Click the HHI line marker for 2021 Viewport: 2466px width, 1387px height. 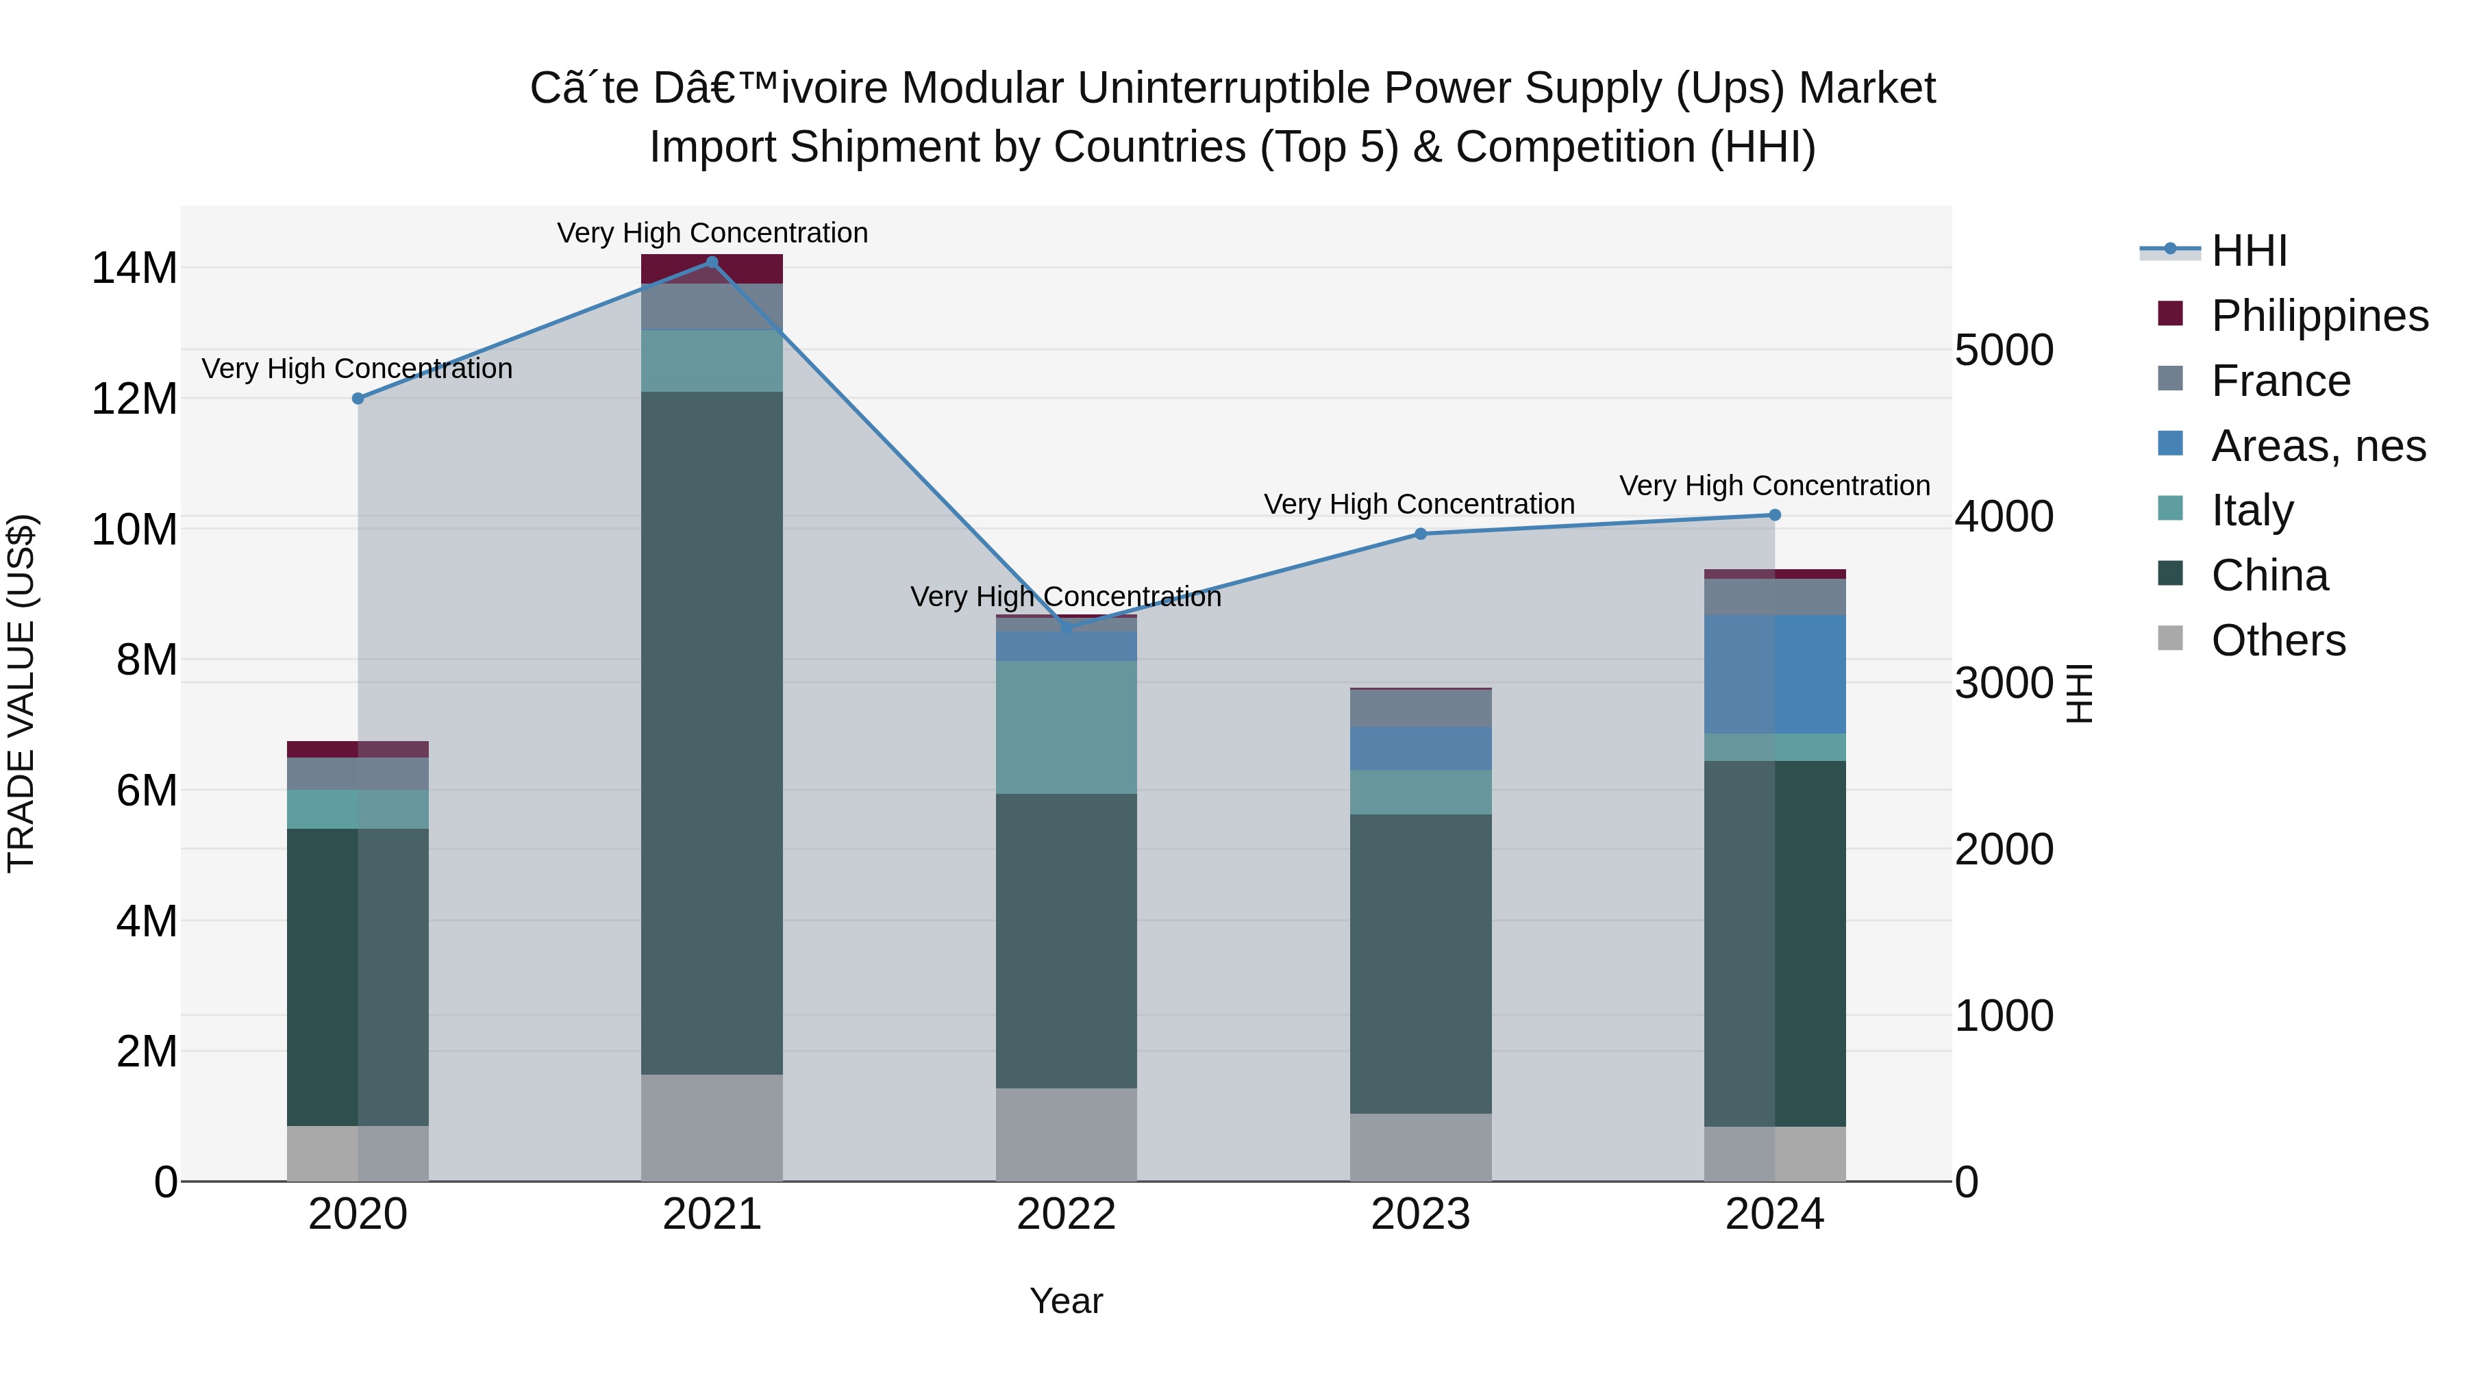tap(711, 262)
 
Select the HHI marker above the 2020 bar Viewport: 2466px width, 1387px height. tap(358, 398)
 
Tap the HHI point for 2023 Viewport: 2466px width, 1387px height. tap(1421, 533)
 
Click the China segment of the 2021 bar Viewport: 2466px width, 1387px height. tap(711, 732)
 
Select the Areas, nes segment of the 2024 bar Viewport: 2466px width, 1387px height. tap(1774, 674)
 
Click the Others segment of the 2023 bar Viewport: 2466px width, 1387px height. tap(1421, 1146)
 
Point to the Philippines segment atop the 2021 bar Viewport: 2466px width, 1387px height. tap(711, 269)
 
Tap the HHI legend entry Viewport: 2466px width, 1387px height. tap(2249, 251)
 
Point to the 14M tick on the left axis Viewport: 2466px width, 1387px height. tap(134, 268)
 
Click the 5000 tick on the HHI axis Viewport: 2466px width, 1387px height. tap(2004, 349)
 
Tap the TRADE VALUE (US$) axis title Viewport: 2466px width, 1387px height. tap(22, 693)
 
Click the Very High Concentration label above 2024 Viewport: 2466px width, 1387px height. tap(1774, 486)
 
